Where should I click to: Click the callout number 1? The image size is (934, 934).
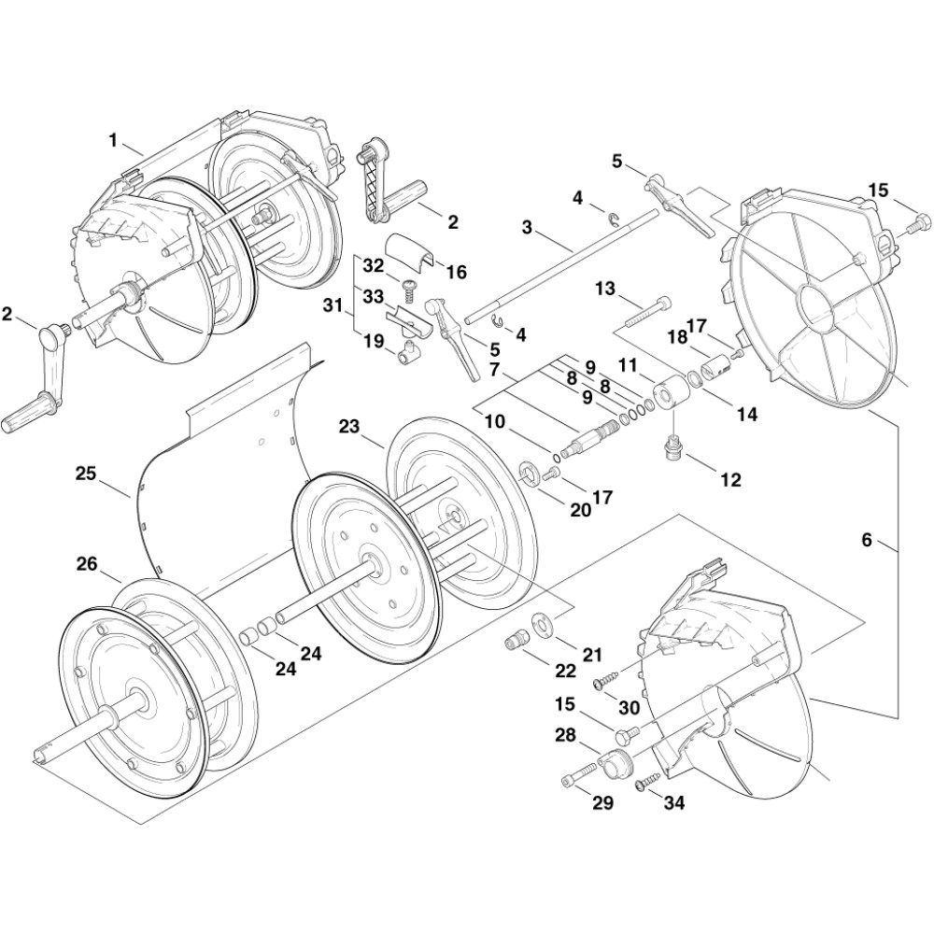coord(113,141)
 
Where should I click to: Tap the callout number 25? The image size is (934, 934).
coord(86,474)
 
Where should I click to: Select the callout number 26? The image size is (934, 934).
coord(86,563)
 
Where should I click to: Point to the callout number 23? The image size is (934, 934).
coord(349,427)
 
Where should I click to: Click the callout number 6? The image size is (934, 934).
coord(866,540)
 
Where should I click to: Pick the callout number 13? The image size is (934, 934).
coord(604,289)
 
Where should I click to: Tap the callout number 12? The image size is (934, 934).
coord(730,479)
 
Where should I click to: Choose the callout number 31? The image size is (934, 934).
coord(333,306)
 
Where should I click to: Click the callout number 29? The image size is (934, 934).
coord(602,802)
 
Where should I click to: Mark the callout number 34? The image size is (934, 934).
coord(673,802)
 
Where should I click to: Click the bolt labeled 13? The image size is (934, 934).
coord(648,312)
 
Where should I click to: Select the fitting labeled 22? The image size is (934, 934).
coord(514,641)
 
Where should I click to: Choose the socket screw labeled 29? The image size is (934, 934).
coord(579,774)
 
